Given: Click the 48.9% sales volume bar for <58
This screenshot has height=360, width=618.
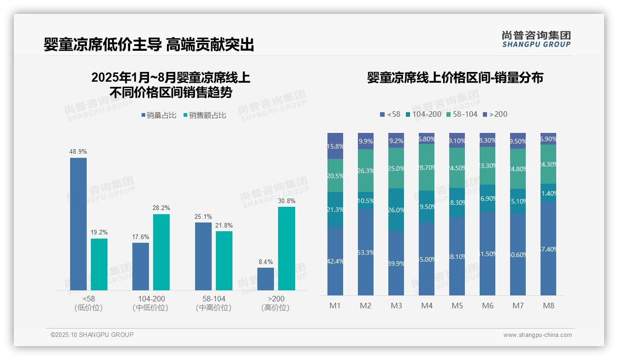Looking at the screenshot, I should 78,224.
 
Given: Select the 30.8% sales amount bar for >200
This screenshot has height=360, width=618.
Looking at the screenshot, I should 286,248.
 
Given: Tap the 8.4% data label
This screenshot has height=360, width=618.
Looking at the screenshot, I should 266,262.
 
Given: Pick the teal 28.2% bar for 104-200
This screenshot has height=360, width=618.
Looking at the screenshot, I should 161,252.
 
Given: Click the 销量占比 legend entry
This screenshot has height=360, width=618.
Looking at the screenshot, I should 159,115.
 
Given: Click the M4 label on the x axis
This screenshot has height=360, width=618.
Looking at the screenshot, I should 427,306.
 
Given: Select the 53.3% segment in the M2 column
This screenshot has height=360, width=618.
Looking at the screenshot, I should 366,252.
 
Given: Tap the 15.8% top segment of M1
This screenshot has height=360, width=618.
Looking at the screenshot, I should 335,146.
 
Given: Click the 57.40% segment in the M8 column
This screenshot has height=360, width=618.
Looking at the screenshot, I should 548,249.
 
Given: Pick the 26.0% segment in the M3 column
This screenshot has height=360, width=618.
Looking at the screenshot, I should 396,210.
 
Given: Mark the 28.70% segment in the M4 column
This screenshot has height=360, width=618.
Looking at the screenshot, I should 427,168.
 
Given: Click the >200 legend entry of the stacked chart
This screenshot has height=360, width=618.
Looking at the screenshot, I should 495,114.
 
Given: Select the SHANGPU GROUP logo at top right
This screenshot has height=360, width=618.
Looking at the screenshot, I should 536,39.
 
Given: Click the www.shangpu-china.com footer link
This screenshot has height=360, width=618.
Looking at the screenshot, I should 537,335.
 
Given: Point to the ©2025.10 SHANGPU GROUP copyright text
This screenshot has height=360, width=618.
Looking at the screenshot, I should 92,335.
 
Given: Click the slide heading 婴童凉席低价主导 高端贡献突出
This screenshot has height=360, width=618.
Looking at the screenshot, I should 149,45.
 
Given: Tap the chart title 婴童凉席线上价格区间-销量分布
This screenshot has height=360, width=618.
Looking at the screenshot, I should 455,78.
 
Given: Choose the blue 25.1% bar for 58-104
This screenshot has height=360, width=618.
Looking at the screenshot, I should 203,256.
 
